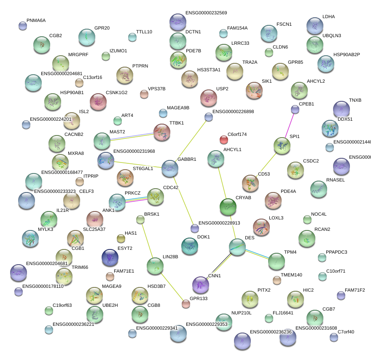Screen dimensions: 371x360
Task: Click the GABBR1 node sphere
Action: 169,168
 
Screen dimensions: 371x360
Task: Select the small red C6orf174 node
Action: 223,139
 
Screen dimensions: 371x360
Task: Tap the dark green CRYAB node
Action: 228,206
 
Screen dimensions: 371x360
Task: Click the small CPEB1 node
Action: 295,109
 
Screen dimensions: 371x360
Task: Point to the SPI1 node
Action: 282,146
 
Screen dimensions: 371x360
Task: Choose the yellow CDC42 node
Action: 155,197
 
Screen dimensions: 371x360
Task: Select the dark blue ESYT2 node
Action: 110,257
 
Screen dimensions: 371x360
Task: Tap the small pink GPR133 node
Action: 185,303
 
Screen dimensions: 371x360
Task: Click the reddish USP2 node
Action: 208,98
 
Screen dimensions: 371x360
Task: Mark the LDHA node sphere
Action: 315,26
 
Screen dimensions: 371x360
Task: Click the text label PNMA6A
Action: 36,20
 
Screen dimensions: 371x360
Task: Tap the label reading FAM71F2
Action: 355,290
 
